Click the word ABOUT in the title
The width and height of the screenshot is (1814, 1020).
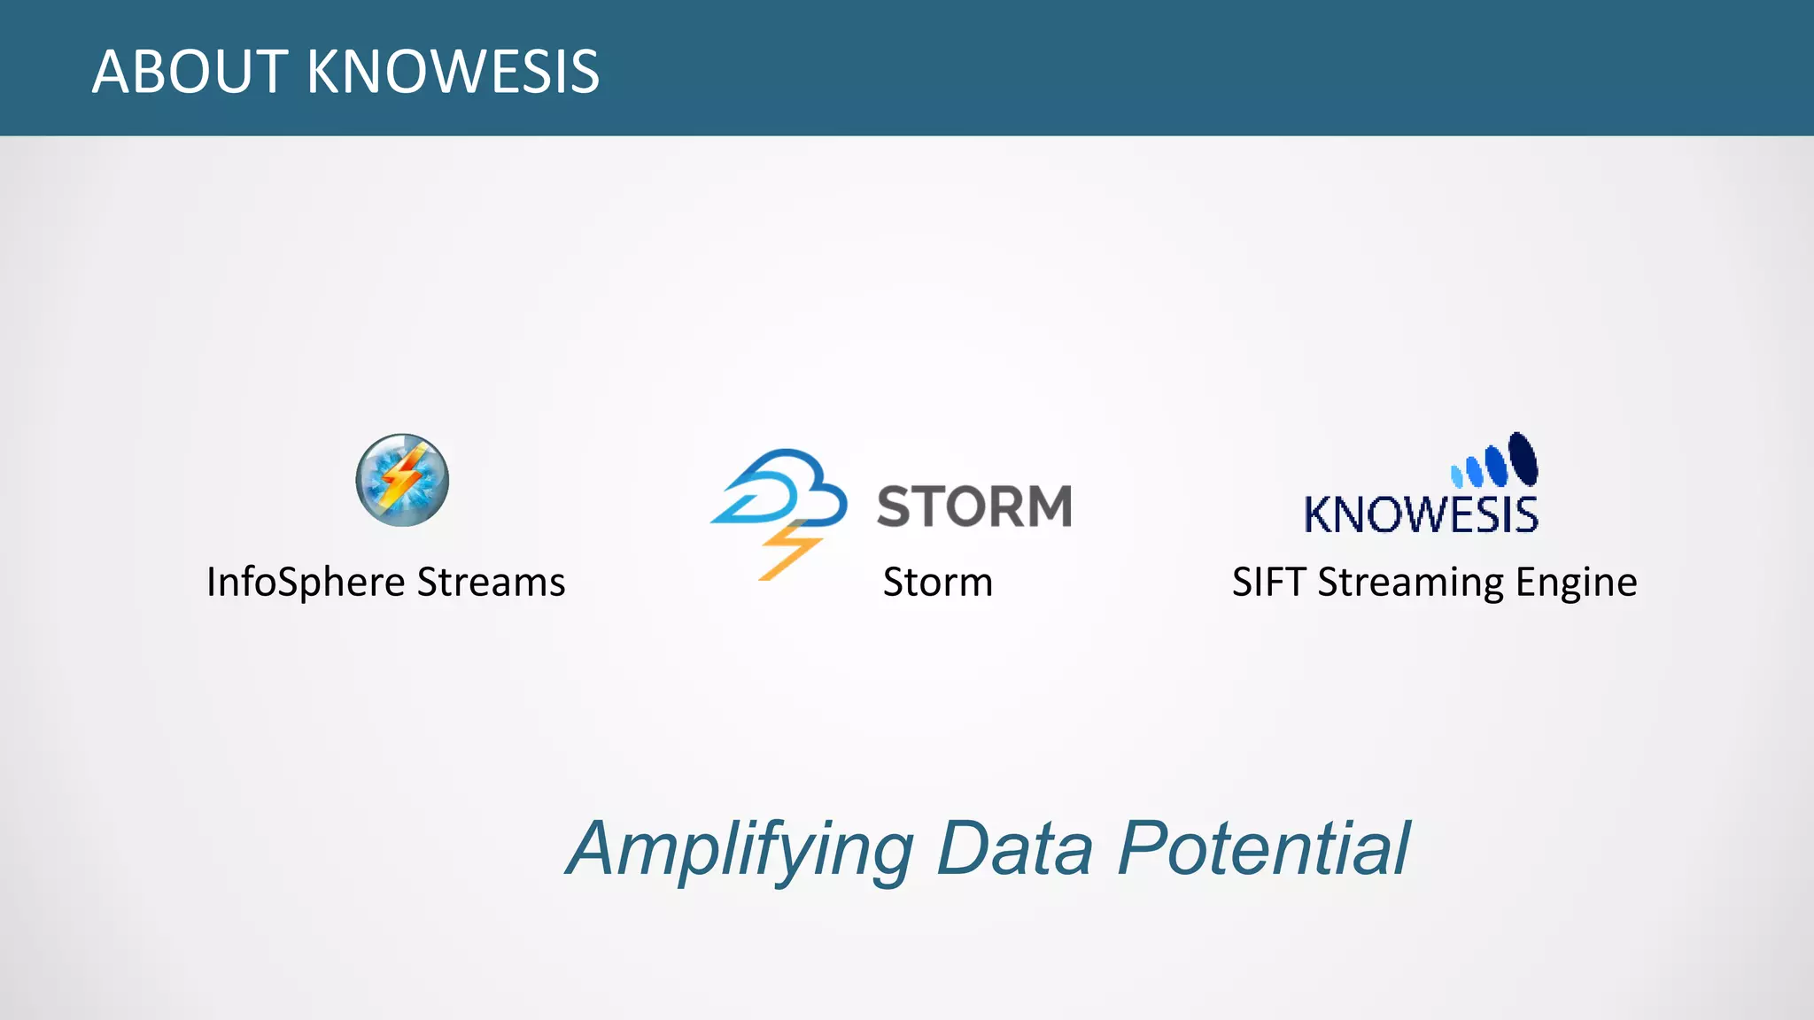click(x=190, y=72)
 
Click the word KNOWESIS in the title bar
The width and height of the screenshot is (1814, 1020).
click(x=453, y=72)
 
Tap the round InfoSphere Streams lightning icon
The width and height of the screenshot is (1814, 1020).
click(x=402, y=480)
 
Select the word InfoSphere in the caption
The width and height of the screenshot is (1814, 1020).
click(x=306, y=583)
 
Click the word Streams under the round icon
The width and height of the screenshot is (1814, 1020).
click(x=491, y=583)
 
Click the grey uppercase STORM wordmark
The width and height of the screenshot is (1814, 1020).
click(x=974, y=506)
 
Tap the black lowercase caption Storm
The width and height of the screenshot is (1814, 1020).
click(x=937, y=583)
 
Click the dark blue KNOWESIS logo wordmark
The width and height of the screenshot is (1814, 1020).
click(x=1421, y=515)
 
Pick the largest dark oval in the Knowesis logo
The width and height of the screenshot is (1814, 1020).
click(x=1523, y=458)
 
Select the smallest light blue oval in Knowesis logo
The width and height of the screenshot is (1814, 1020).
click(x=1456, y=476)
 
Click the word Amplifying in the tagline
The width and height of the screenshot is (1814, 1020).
click(x=740, y=850)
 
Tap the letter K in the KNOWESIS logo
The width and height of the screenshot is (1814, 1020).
click(x=1321, y=515)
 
